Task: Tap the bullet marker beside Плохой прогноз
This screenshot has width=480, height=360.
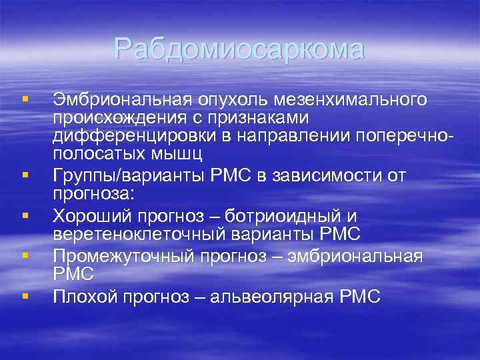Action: click(25, 294)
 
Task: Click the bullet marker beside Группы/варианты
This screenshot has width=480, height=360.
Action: click(25, 176)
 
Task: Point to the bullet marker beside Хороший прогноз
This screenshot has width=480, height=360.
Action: click(25, 215)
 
